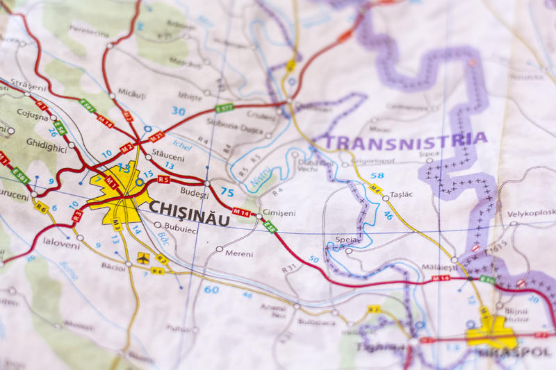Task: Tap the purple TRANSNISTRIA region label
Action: [406, 141]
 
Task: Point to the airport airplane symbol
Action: [143, 258]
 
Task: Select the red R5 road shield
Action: [163, 179]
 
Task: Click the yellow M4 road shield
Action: [375, 188]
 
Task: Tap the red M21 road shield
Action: [156, 136]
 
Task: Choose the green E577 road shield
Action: [224, 108]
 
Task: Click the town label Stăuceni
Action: [169, 158]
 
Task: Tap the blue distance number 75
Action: [227, 192]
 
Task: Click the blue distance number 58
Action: [377, 176]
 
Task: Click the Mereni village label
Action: [240, 253]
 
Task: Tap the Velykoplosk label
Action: [531, 212]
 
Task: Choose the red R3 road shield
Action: [77, 216]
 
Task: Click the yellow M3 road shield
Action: [117, 224]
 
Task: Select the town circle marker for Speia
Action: [348, 251]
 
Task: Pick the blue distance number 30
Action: [179, 111]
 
